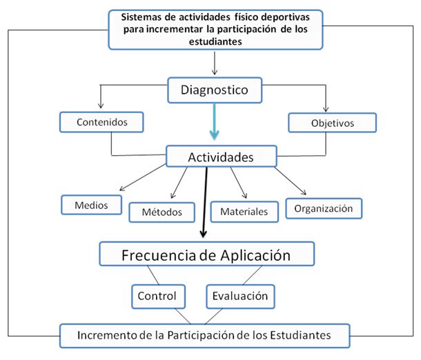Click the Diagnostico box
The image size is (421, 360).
pyautogui.click(x=215, y=90)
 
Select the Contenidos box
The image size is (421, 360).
pyautogui.click(x=101, y=122)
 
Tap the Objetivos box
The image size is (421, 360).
pyautogui.click(x=333, y=123)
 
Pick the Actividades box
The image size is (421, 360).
pyautogui.click(x=222, y=157)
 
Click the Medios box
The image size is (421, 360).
pyautogui.click(x=91, y=205)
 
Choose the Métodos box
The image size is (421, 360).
pyautogui.click(x=162, y=212)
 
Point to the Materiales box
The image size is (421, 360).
pyautogui.click(x=244, y=212)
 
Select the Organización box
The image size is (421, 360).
pyautogui.click(x=324, y=208)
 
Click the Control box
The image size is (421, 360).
pyautogui.click(x=159, y=297)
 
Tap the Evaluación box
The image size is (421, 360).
pyautogui.click(x=240, y=297)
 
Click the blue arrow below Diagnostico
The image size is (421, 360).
pyautogui.click(x=214, y=121)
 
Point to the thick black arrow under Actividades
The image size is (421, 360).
pyautogui.click(x=205, y=202)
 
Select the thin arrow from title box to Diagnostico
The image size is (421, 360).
pyautogui.click(x=215, y=63)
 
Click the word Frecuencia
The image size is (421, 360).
pyautogui.click(x=159, y=255)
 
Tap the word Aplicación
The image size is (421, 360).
pyautogui.click(x=255, y=255)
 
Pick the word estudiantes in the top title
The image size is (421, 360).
pyautogui.click(x=215, y=41)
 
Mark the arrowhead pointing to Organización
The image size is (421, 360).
pyautogui.click(x=304, y=192)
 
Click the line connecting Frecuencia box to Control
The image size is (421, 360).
pyautogui.click(x=153, y=275)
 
